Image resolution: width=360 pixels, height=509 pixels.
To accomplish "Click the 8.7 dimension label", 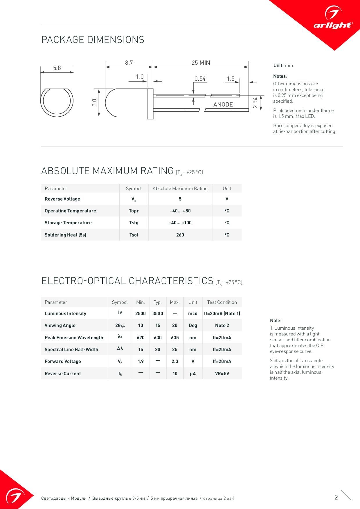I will [129, 63].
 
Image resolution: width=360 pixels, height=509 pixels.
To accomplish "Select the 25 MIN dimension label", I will [201, 63].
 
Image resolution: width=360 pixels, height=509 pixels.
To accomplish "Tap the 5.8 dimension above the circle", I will [57, 68].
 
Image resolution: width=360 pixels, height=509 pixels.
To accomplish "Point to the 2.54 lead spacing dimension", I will [255, 102].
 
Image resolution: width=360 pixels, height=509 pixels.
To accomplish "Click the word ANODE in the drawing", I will [223, 104].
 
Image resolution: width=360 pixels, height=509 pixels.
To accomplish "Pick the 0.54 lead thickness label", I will [200, 79].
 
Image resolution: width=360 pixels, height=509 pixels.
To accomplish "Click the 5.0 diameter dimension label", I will [94, 103].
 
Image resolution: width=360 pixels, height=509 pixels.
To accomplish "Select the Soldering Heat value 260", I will [180, 235].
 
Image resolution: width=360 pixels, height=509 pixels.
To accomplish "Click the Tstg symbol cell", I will [134, 223].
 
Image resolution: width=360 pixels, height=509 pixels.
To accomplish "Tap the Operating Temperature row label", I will [70, 211].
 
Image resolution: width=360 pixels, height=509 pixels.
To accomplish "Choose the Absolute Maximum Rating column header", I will [180, 188].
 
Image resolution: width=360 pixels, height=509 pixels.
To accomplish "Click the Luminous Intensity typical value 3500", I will [158, 313].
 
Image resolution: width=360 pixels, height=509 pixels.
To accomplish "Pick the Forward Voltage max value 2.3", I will [175, 361].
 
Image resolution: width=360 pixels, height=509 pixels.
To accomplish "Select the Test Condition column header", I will [222, 302].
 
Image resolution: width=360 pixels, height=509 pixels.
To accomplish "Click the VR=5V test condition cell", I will [222, 373].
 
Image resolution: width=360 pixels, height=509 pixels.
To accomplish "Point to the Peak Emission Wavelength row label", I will [74, 337].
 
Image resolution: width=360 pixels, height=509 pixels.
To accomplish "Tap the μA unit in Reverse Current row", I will [193, 373].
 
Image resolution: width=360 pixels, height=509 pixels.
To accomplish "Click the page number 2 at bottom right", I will [336, 497].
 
